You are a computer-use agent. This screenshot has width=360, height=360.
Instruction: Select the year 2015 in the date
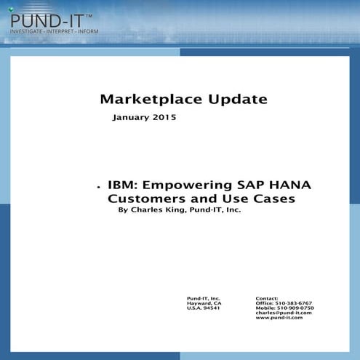click(163, 117)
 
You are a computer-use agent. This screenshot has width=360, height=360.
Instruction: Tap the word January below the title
click(129, 117)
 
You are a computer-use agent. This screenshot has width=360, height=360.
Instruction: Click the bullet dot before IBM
click(97, 187)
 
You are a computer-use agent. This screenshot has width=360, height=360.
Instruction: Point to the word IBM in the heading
click(120, 185)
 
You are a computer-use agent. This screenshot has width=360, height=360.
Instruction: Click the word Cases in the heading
click(273, 199)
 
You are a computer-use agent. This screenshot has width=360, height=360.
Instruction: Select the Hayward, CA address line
click(204, 303)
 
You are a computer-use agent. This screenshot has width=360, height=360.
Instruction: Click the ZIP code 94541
click(212, 308)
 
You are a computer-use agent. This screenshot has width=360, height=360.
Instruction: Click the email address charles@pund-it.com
click(284, 313)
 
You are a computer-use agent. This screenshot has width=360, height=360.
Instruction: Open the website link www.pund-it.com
click(279, 319)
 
